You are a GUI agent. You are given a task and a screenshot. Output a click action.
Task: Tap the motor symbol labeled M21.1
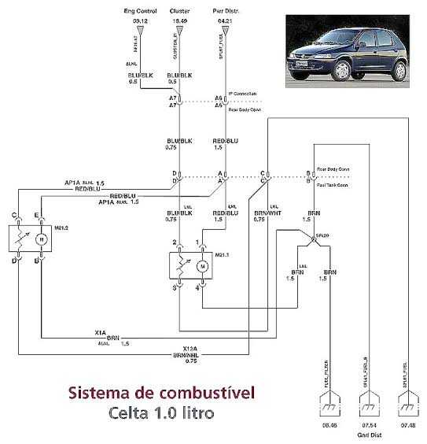click(x=202, y=267)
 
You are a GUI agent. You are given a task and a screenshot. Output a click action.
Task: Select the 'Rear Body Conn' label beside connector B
click(x=332, y=169)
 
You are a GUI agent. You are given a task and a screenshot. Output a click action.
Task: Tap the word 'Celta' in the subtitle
click(x=128, y=411)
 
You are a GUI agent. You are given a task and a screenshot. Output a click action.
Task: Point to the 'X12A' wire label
click(x=190, y=348)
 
